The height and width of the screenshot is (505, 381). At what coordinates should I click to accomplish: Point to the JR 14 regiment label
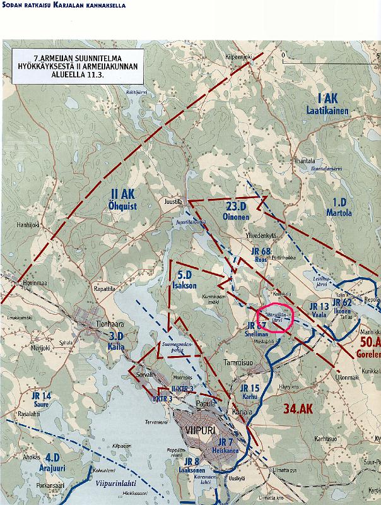click(40, 396)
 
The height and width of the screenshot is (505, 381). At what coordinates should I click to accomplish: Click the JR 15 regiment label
click(250, 388)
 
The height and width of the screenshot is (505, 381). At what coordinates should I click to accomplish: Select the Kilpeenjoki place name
click(239, 56)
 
